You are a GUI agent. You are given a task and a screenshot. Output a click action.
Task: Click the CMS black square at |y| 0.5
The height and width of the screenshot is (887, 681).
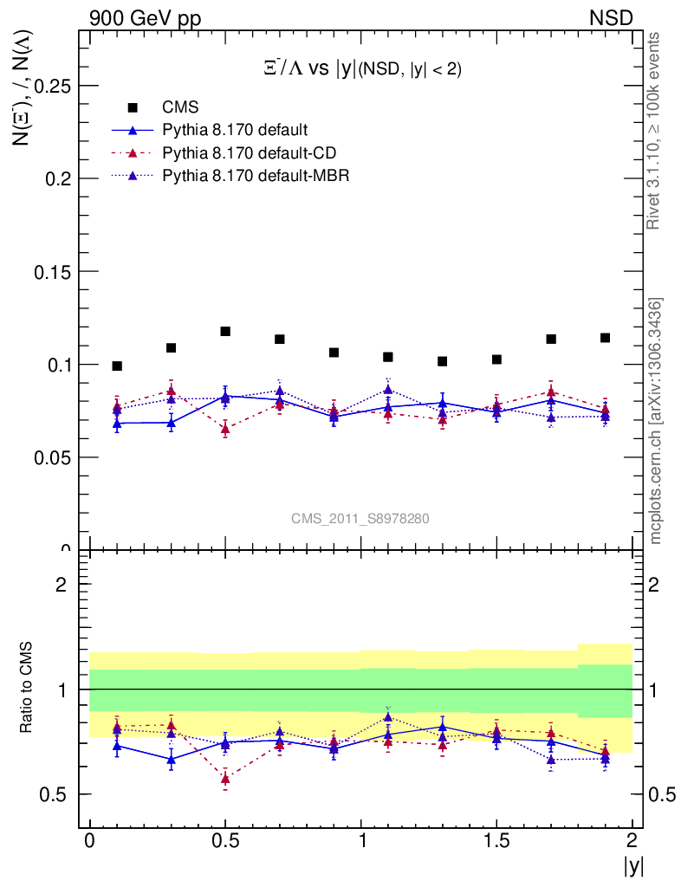coord(225,332)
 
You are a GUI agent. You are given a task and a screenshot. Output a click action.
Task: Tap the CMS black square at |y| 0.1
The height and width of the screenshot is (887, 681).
coord(117,366)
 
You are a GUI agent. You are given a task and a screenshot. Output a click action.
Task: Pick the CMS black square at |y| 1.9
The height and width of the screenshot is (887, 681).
coord(605,338)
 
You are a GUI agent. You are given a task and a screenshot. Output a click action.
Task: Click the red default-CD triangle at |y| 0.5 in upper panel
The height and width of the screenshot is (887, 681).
coord(225,429)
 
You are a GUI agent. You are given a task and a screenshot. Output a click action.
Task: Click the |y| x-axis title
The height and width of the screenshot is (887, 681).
coord(632,864)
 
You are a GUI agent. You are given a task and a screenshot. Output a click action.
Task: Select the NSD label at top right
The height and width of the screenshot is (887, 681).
coord(612,17)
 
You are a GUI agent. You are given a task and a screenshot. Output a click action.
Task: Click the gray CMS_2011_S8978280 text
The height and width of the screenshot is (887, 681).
coord(360,519)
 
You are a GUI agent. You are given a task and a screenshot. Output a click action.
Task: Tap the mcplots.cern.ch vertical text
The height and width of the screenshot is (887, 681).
coord(657,420)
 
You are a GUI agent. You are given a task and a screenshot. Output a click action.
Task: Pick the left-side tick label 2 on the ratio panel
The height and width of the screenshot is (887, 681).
coord(62,585)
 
